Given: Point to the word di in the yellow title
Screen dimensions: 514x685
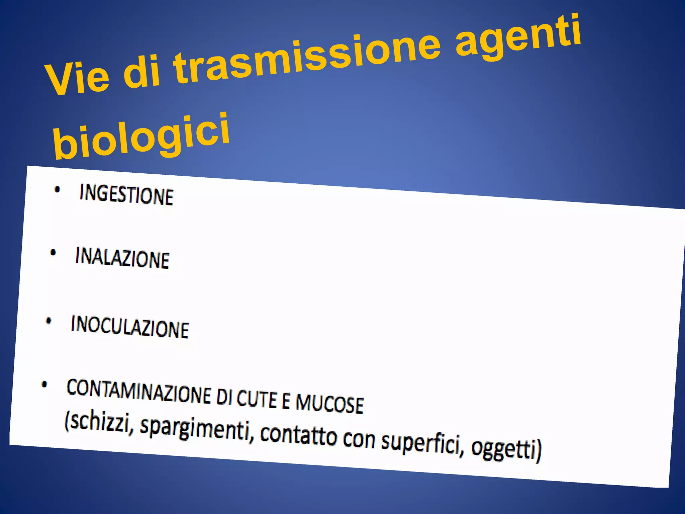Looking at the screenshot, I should coord(142,72).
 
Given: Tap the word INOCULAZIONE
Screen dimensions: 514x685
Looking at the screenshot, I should coord(130,327).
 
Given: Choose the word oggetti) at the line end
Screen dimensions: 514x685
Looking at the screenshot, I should coord(506,449).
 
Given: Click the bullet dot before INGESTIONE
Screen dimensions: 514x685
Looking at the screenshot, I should coord(57,190).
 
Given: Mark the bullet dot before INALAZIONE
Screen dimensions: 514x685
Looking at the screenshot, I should coord(53,253).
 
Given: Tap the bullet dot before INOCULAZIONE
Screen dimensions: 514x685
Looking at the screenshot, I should coord(48,321).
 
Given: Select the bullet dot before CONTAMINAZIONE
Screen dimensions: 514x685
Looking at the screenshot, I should coord(44,384).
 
